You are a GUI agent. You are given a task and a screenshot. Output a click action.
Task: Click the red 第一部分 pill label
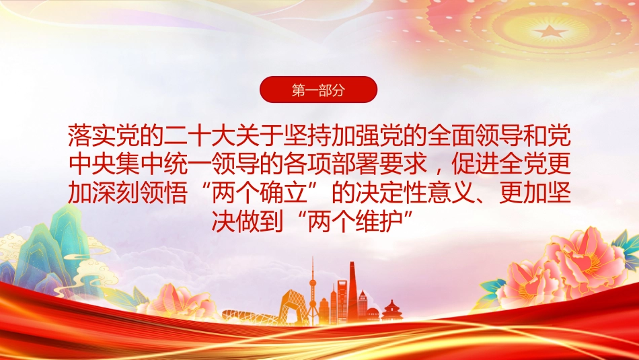click(318, 89)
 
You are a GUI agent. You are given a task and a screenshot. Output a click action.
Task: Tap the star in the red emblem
click(550, 30)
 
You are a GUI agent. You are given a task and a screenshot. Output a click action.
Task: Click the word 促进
click(475, 164)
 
